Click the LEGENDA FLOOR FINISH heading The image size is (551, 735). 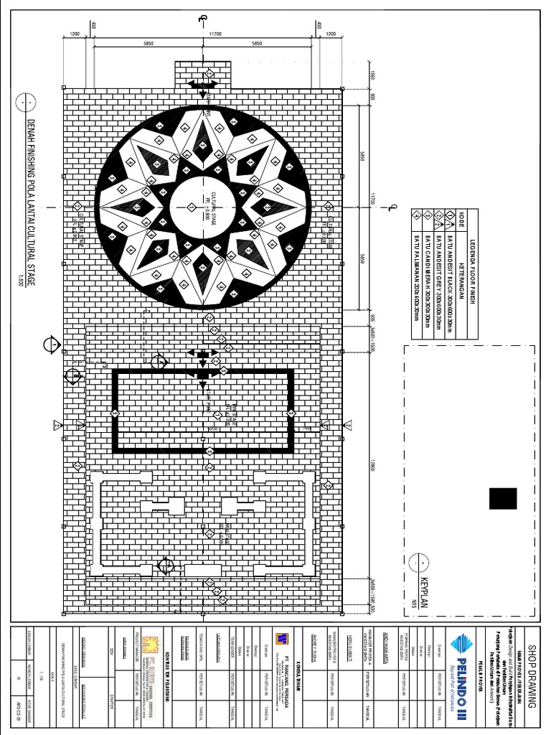[x=474, y=273]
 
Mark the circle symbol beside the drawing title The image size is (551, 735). [x=27, y=102]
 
